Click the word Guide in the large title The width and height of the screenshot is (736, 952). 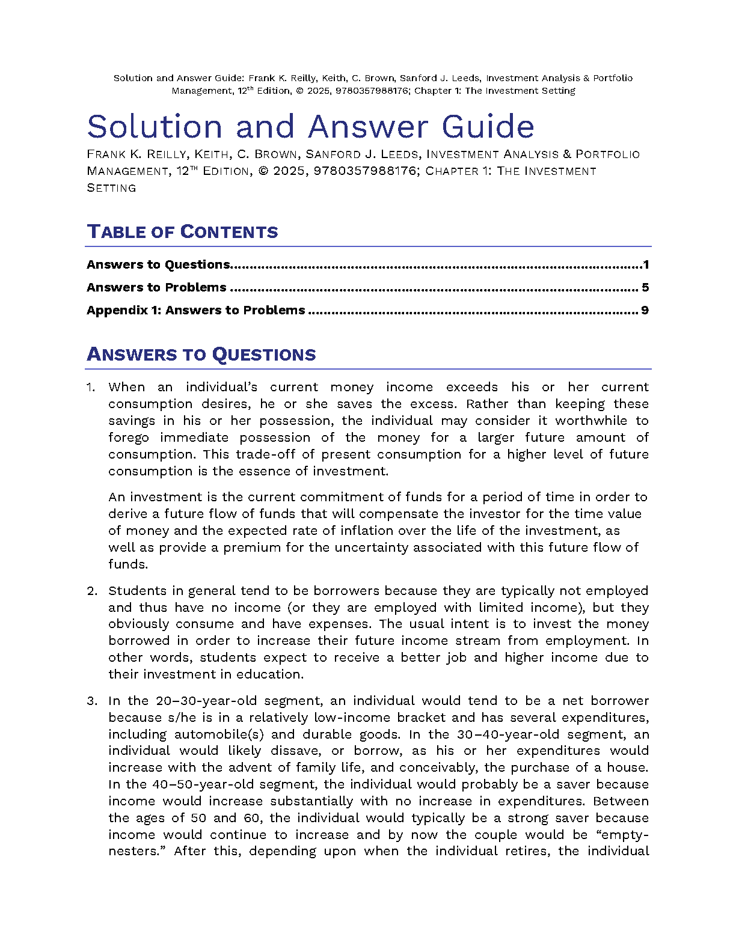click(x=488, y=127)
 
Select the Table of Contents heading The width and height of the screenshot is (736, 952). click(x=182, y=232)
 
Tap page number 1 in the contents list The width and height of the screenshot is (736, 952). click(x=646, y=265)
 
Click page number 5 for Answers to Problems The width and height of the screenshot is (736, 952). click(x=645, y=288)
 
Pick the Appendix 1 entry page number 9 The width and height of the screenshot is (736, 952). click(x=645, y=311)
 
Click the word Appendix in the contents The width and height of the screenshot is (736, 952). click(x=113, y=311)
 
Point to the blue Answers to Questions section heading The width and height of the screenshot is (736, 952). click(x=201, y=355)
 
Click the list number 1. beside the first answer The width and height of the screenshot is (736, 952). click(x=91, y=388)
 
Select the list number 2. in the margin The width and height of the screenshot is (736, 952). click(x=92, y=591)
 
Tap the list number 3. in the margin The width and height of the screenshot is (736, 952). click(x=92, y=701)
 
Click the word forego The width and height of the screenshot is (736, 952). click(x=129, y=438)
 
